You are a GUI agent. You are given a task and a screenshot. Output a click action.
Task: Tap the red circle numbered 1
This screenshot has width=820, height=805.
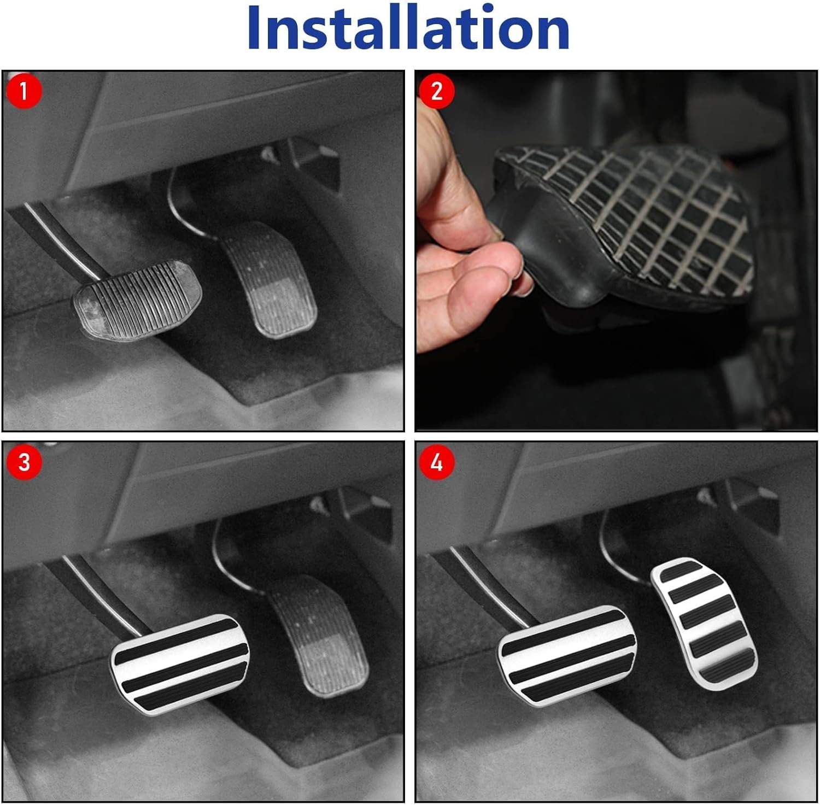coord(24,91)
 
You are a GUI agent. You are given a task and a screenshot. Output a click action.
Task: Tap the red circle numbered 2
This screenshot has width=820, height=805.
coord(436,91)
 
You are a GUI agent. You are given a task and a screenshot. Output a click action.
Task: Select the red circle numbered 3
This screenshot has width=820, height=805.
coord(24,462)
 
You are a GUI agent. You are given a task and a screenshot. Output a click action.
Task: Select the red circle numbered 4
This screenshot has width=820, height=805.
coord(436,462)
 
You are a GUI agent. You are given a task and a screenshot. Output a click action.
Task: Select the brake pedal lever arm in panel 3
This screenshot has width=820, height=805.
coord(93,590)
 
